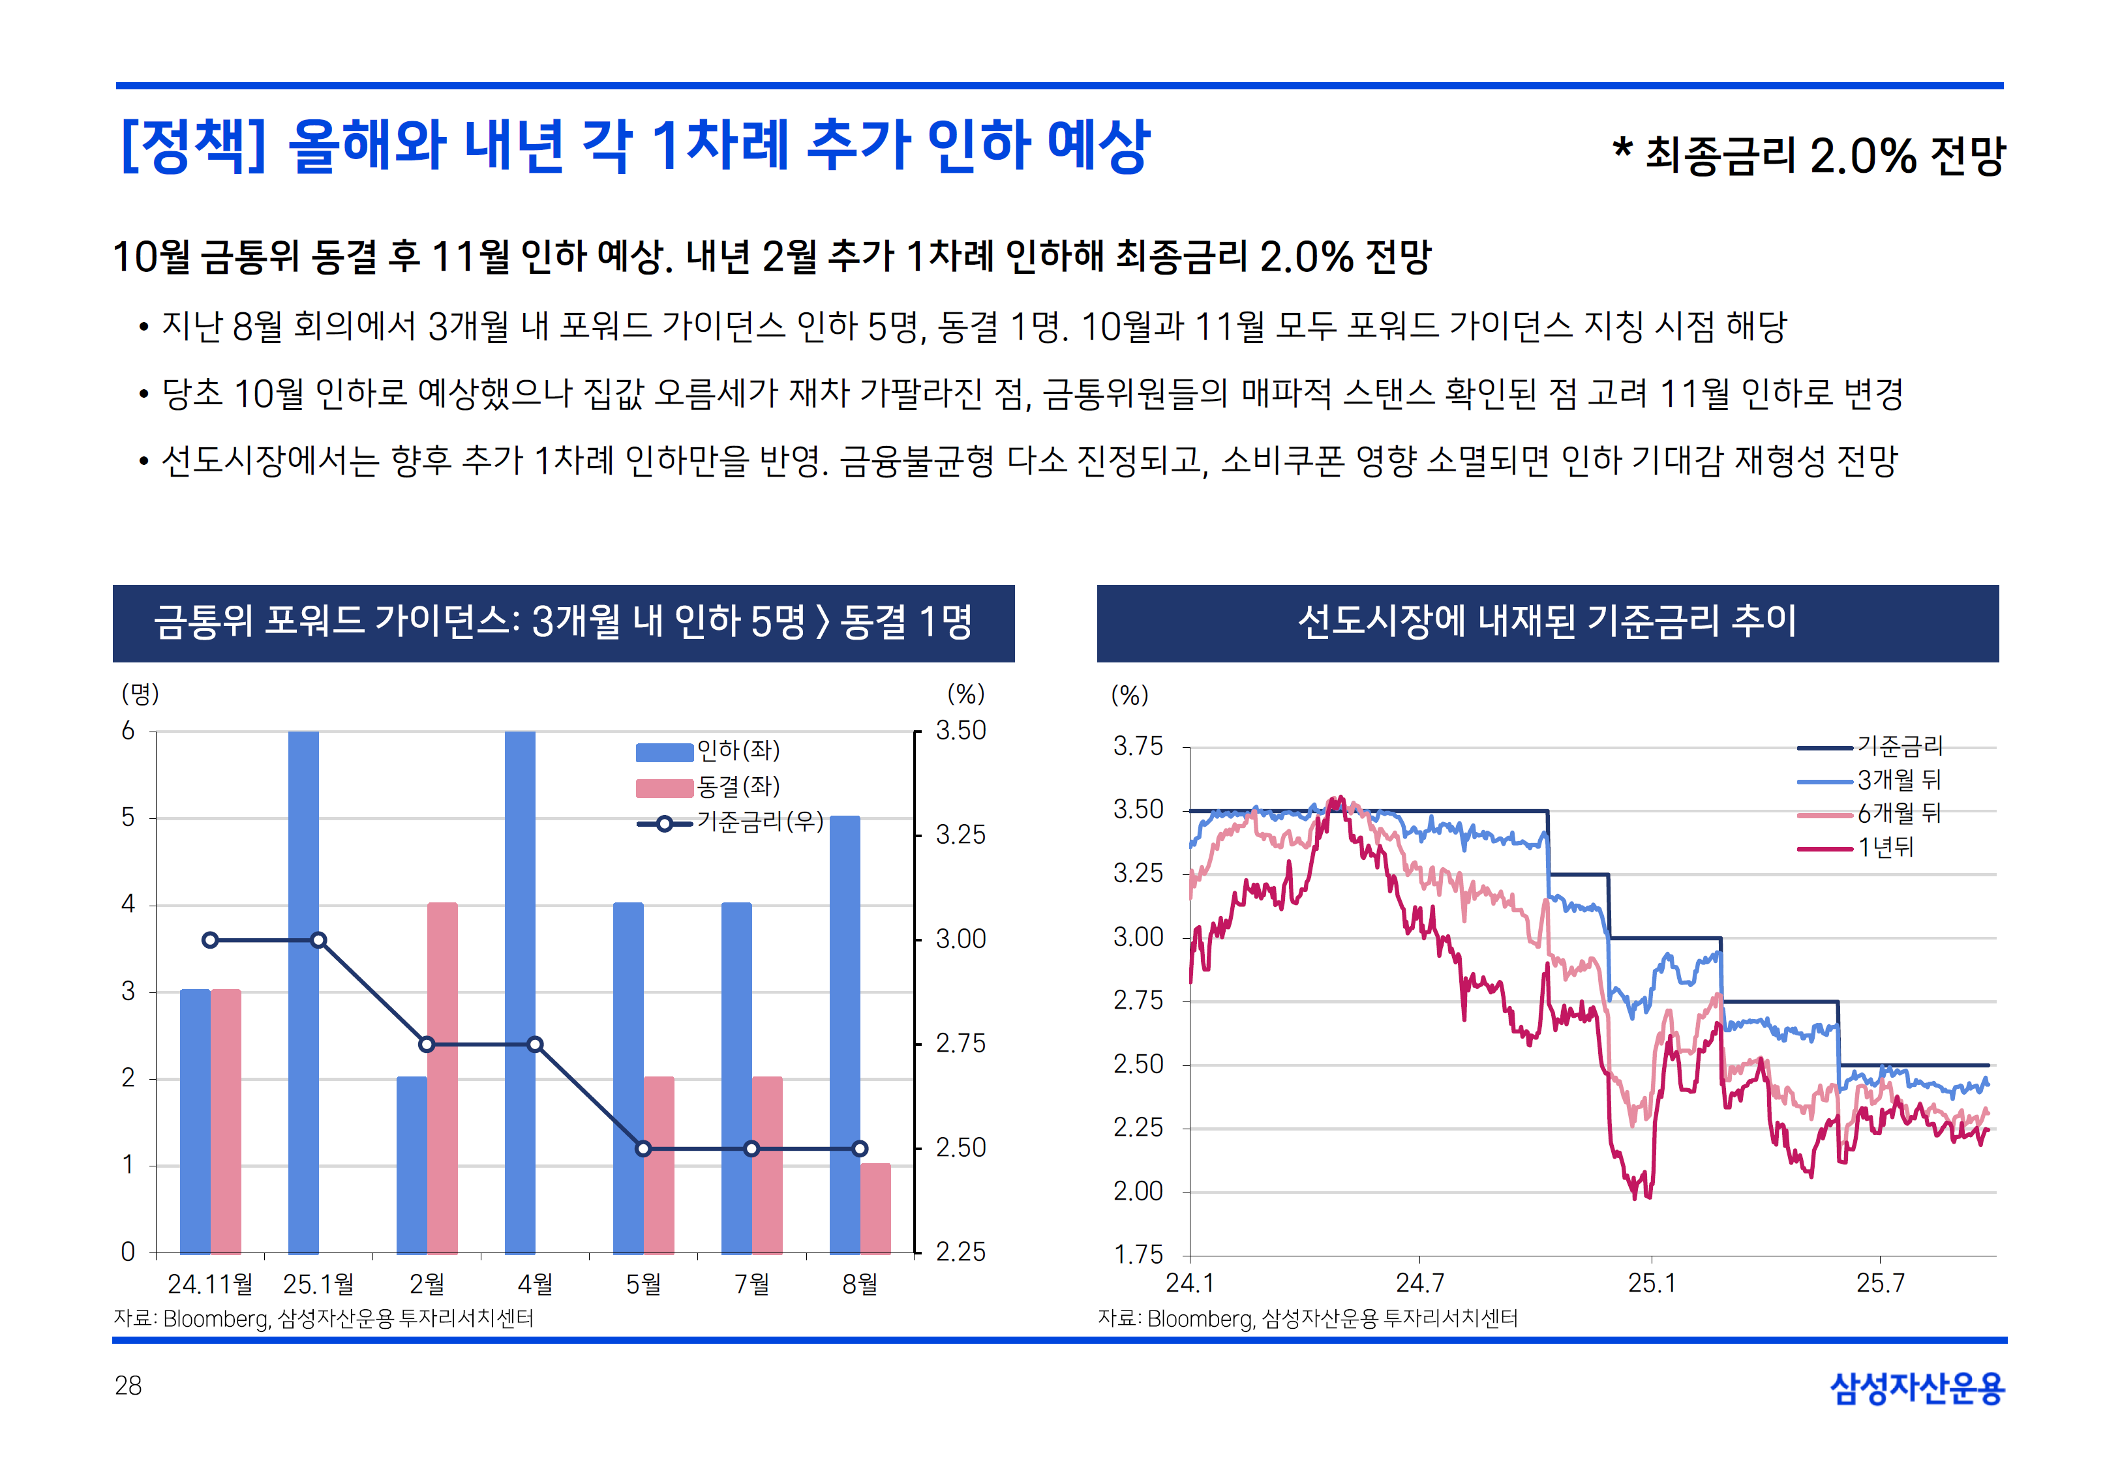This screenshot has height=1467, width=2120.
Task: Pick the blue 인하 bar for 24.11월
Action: point(195,1121)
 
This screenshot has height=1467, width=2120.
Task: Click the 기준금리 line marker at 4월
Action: point(535,1045)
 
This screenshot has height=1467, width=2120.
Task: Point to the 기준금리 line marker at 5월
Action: point(644,1149)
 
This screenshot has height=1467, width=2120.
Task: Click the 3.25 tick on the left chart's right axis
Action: point(960,835)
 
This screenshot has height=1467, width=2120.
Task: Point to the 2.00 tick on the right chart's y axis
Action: point(1138,1191)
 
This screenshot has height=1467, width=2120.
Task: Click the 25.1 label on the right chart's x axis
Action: point(1651,1283)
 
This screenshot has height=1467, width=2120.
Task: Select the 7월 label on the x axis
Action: point(752,1284)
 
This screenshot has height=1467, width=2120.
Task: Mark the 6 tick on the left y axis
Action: point(129,732)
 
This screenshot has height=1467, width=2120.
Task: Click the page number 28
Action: point(129,1386)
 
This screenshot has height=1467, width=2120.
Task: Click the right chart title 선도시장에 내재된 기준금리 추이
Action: point(1547,622)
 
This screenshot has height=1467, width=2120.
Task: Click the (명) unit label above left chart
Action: point(141,694)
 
